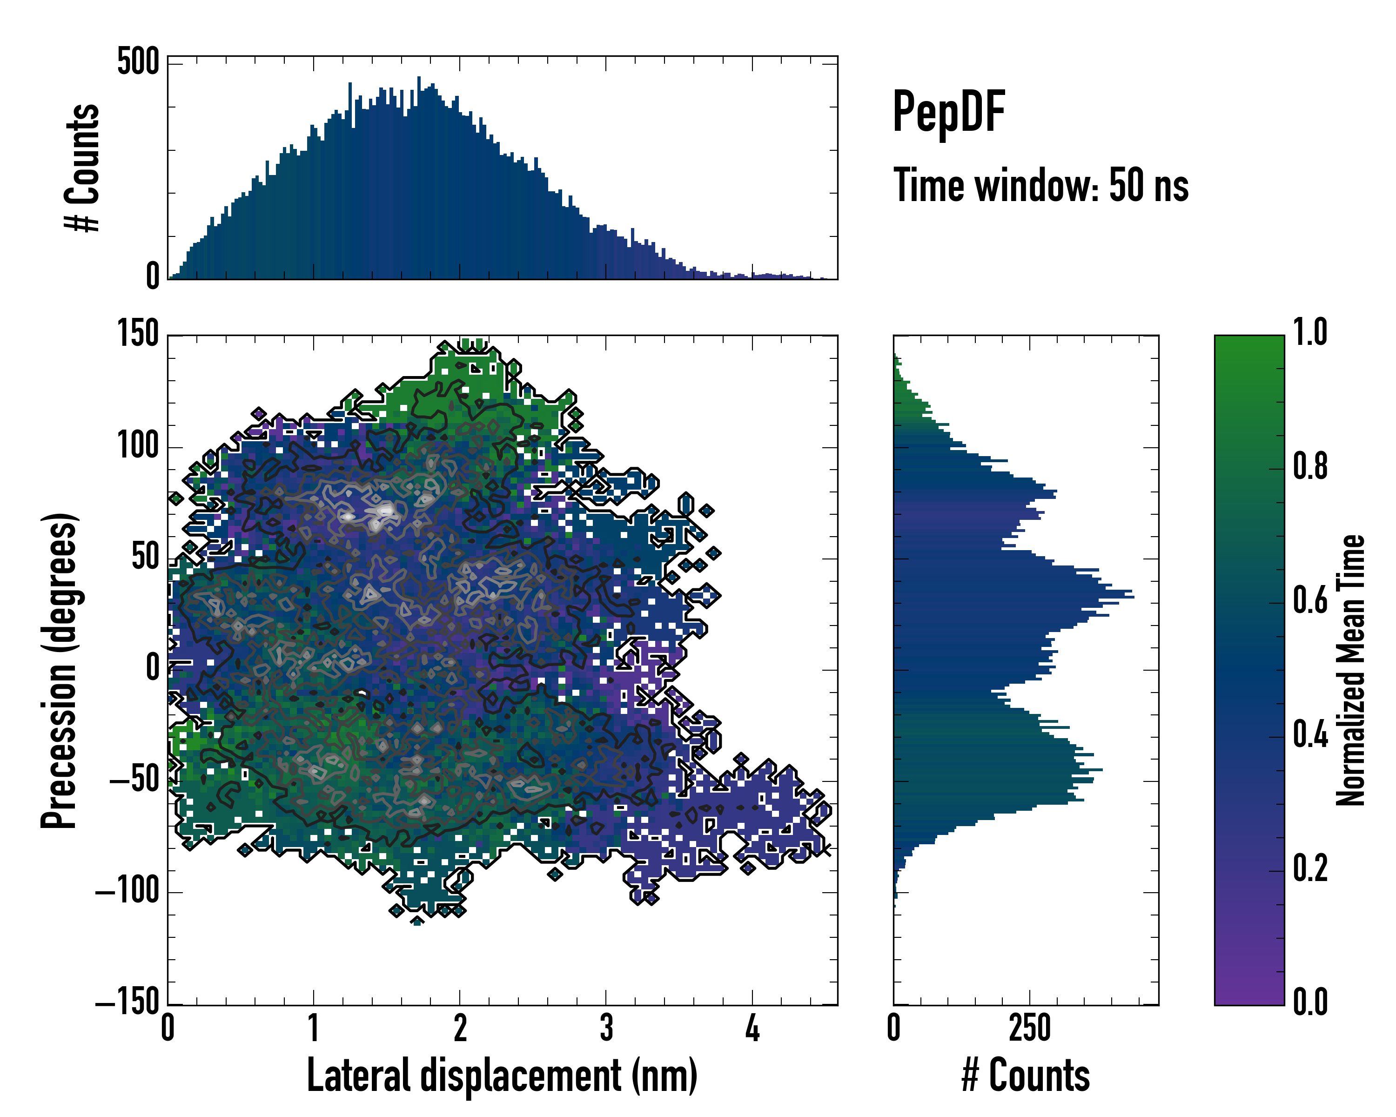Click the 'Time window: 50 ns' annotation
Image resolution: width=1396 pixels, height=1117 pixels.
pyautogui.click(x=1040, y=185)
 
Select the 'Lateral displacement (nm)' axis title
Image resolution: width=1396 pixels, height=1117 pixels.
pyautogui.click(x=502, y=1076)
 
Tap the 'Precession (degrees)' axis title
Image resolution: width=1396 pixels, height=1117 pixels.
pyautogui.click(x=60, y=670)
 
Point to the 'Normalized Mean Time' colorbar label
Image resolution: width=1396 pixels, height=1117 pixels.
pyautogui.click(x=1350, y=670)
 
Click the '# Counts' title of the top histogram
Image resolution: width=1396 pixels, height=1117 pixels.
pyautogui.click(x=82, y=167)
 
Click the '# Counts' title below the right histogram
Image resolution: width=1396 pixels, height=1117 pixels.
pyautogui.click(x=1026, y=1076)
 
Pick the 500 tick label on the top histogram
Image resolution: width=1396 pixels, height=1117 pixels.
pyautogui.click(x=138, y=62)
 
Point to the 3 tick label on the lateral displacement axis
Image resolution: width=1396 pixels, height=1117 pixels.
pyautogui.click(x=606, y=1028)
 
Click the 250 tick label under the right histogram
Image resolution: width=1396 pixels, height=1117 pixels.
pyautogui.click(x=1029, y=1028)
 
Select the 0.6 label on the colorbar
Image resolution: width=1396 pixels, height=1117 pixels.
pyautogui.click(x=1310, y=600)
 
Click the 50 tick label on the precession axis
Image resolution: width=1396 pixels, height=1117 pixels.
pyautogui.click(x=145, y=558)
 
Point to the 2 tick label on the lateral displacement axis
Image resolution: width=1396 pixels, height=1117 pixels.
pyautogui.click(x=460, y=1028)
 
